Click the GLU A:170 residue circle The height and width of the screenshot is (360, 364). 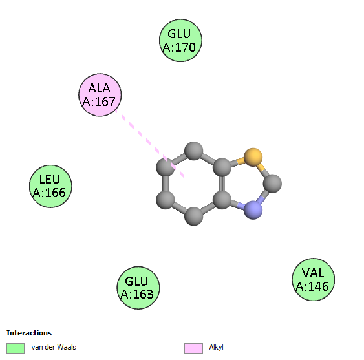(180, 40)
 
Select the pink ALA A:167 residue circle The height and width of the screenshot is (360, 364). (100, 95)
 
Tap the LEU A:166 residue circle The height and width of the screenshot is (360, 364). (50, 186)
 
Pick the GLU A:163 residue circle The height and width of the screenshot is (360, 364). (138, 288)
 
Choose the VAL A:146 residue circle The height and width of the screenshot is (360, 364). (314, 279)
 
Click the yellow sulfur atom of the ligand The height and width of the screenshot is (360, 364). (253, 157)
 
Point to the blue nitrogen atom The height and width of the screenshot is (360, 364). (253, 210)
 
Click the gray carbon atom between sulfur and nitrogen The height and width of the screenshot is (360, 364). (273, 184)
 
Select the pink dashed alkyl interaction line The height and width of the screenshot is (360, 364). (150, 143)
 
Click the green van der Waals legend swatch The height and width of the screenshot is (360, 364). (16, 348)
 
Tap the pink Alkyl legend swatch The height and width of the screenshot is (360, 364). (193, 348)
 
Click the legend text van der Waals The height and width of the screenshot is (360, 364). (54, 347)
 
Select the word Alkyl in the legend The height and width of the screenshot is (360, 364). (216, 347)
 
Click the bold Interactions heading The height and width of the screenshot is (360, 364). (29, 333)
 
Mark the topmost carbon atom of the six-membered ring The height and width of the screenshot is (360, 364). (193, 151)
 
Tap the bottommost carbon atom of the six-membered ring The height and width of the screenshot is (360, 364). (193, 216)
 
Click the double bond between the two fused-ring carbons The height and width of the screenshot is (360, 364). (222, 184)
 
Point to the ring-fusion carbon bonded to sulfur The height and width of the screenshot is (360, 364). (222, 167)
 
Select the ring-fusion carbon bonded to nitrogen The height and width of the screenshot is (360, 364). (222, 200)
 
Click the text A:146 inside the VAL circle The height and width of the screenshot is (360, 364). (312, 286)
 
